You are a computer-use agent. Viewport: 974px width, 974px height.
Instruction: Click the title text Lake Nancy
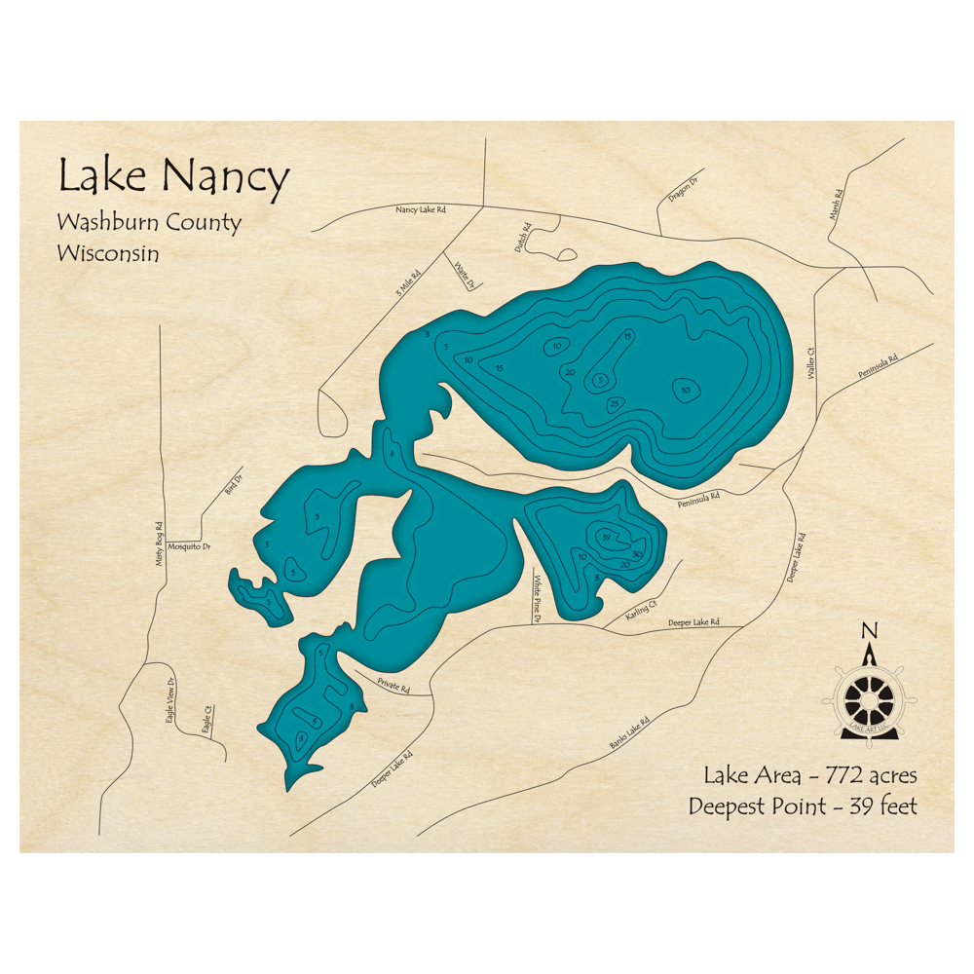(x=173, y=177)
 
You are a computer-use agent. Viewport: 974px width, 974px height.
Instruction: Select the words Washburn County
(x=148, y=222)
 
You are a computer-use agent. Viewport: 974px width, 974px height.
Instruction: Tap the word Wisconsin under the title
(x=107, y=253)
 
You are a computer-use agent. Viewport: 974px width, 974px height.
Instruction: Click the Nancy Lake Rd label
(x=420, y=209)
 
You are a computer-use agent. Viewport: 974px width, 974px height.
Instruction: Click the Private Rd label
(x=393, y=687)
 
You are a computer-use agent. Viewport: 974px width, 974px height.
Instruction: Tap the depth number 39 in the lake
(x=606, y=537)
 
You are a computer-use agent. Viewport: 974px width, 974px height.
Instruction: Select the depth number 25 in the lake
(x=614, y=403)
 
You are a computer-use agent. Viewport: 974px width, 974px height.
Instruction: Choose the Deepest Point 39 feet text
(x=802, y=806)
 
